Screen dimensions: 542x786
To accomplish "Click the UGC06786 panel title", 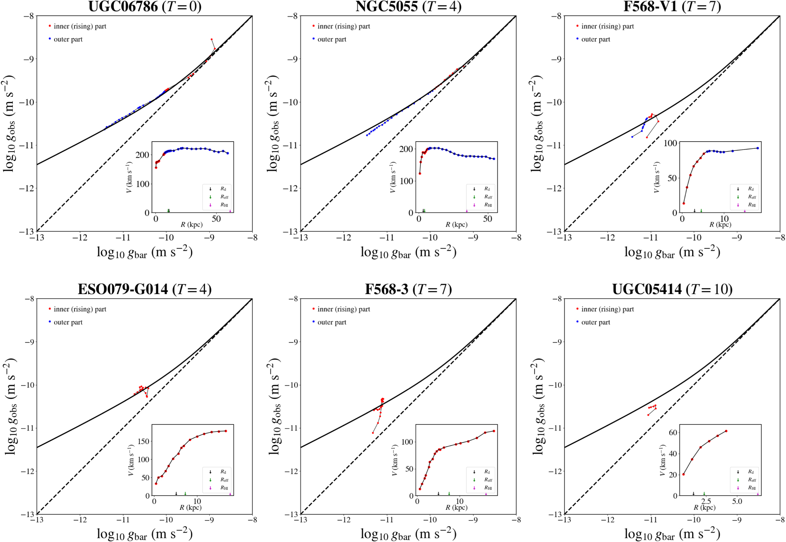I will click(145, 7).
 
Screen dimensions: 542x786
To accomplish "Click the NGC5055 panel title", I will click(408, 7).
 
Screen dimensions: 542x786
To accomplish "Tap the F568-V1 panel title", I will click(672, 7).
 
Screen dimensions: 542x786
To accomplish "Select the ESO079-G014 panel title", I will click(145, 289).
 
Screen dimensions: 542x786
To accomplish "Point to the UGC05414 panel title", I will click(672, 289).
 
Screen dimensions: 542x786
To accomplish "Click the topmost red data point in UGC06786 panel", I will click(212, 39).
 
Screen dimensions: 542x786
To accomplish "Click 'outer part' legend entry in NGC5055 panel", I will click(331, 39).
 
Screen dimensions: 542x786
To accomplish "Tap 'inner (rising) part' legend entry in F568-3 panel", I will click(343, 309).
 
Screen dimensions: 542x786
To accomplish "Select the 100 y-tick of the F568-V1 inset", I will click(670, 143).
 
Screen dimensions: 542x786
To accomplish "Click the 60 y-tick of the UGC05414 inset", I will click(673, 432).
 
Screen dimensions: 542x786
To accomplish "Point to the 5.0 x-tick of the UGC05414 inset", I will click(737, 501).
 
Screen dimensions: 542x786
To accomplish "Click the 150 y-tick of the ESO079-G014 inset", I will click(144, 441).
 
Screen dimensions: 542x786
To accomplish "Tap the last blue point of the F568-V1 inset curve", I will click(758, 148).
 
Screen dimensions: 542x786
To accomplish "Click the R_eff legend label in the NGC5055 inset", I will click(488, 197).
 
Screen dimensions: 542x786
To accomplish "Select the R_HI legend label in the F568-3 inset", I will click(488, 488).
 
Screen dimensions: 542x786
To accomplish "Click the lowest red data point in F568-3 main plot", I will click(373, 433).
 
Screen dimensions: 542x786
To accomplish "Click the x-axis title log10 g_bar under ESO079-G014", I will click(145, 534).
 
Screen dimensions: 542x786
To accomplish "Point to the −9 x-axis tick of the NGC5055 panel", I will click(473, 238).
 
